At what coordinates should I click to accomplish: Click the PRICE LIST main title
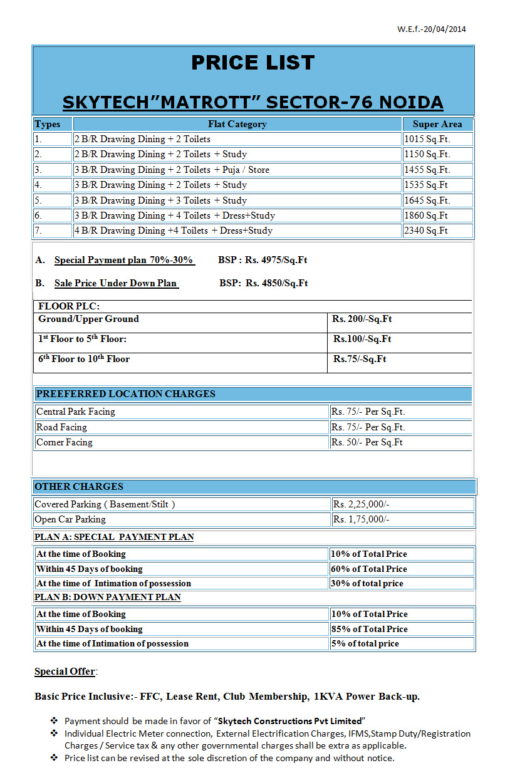(x=252, y=63)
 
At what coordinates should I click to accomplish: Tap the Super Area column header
(x=437, y=124)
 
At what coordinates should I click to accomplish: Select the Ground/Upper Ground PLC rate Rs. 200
(x=362, y=319)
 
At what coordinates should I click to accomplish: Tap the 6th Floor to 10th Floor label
(x=84, y=360)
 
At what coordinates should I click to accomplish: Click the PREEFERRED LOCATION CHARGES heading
(x=125, y=394)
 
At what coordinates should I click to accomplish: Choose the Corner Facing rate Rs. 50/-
(x=367, y=442)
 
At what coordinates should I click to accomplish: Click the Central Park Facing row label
(x=76, y=412)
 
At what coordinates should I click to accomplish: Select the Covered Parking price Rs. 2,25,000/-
(x=362, y=504)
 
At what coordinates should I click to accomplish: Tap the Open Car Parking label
(x=70, y=519)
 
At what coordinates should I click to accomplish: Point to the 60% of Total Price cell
(x=369, y=569)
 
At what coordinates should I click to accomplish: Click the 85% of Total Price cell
(x=369, y=629)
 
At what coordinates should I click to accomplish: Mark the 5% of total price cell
(x=365, y=643)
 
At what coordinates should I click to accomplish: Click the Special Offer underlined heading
(x=65, y=672)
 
